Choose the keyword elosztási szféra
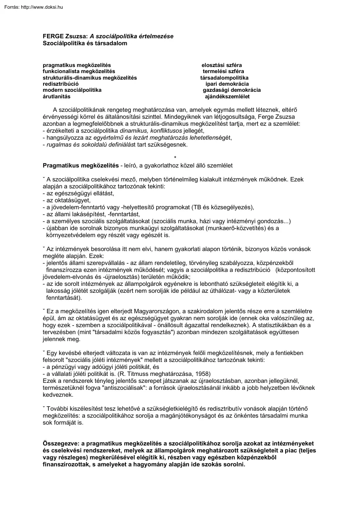(225, 65)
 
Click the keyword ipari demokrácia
(227, 84)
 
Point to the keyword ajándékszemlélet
(227, 97)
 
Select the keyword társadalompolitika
(225, 77)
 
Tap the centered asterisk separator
(175, 157)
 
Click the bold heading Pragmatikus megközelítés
(81, 165)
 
